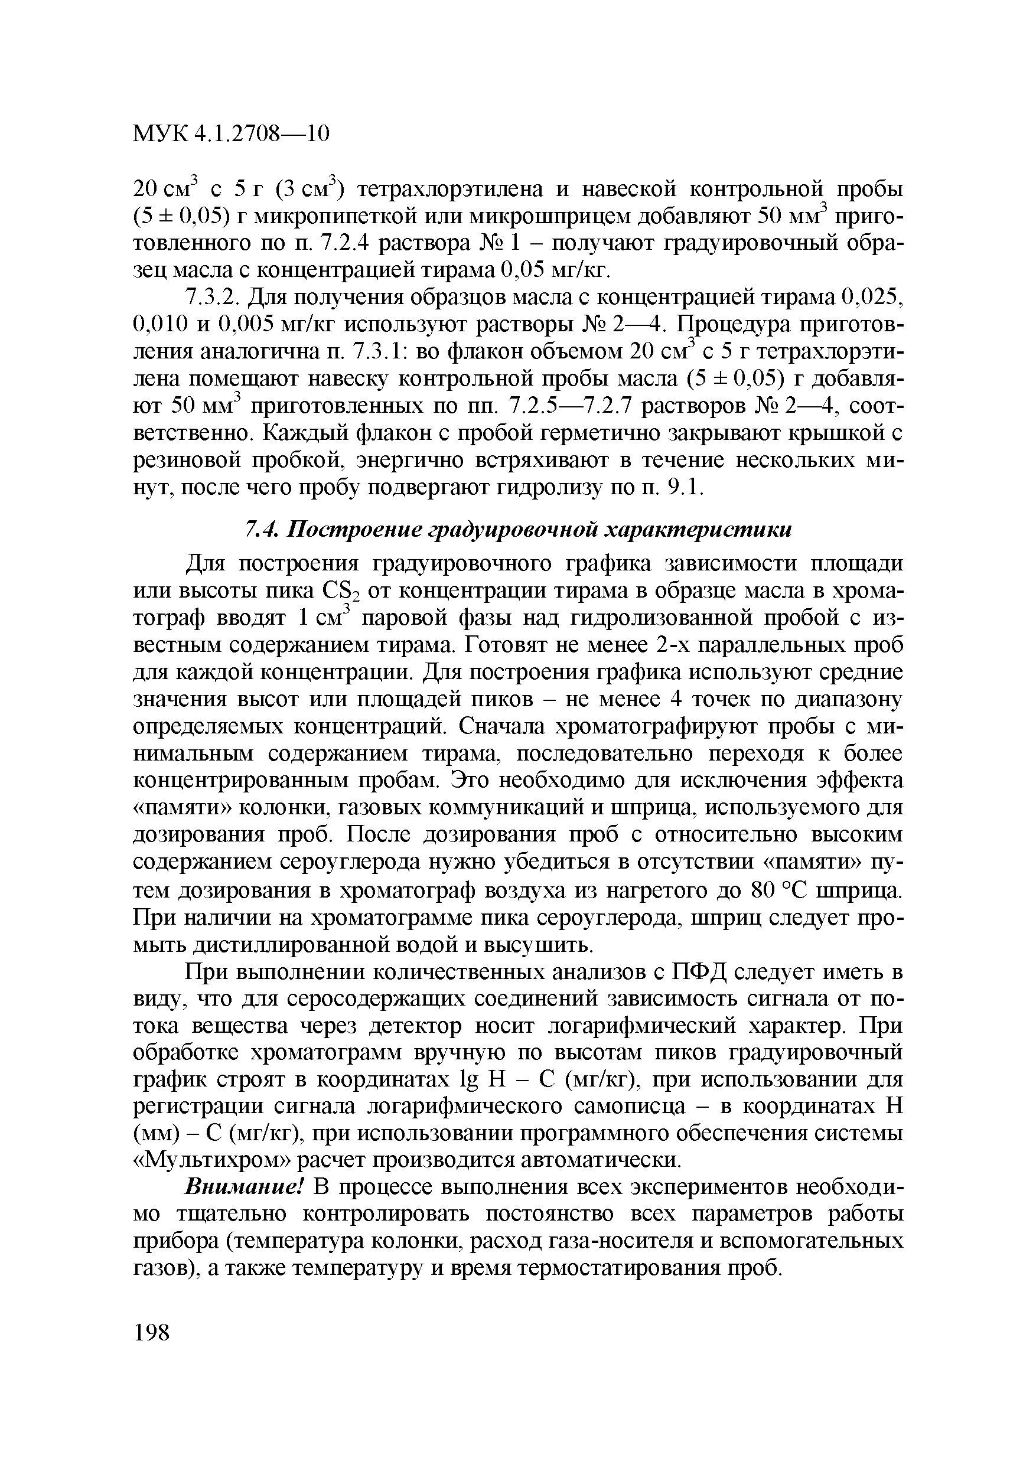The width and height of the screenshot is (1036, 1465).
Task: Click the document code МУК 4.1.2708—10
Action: (x=231, y=133)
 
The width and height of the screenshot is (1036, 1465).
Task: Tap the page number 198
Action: (x=152, y=1333)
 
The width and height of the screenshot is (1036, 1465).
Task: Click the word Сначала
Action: (x=508, y=727)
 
